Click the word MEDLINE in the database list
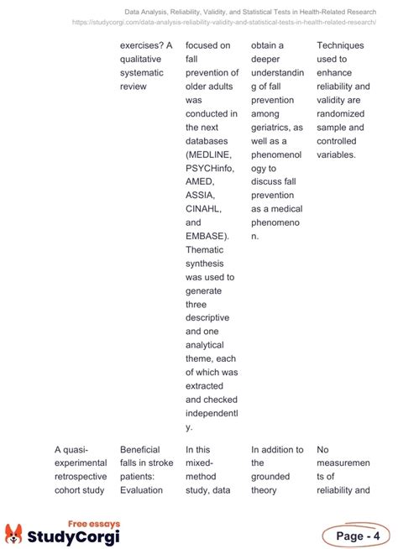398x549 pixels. click(210, 155)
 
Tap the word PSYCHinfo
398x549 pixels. click(212, 169)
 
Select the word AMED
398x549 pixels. click(202, 182)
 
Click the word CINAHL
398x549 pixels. click(206, 209)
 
